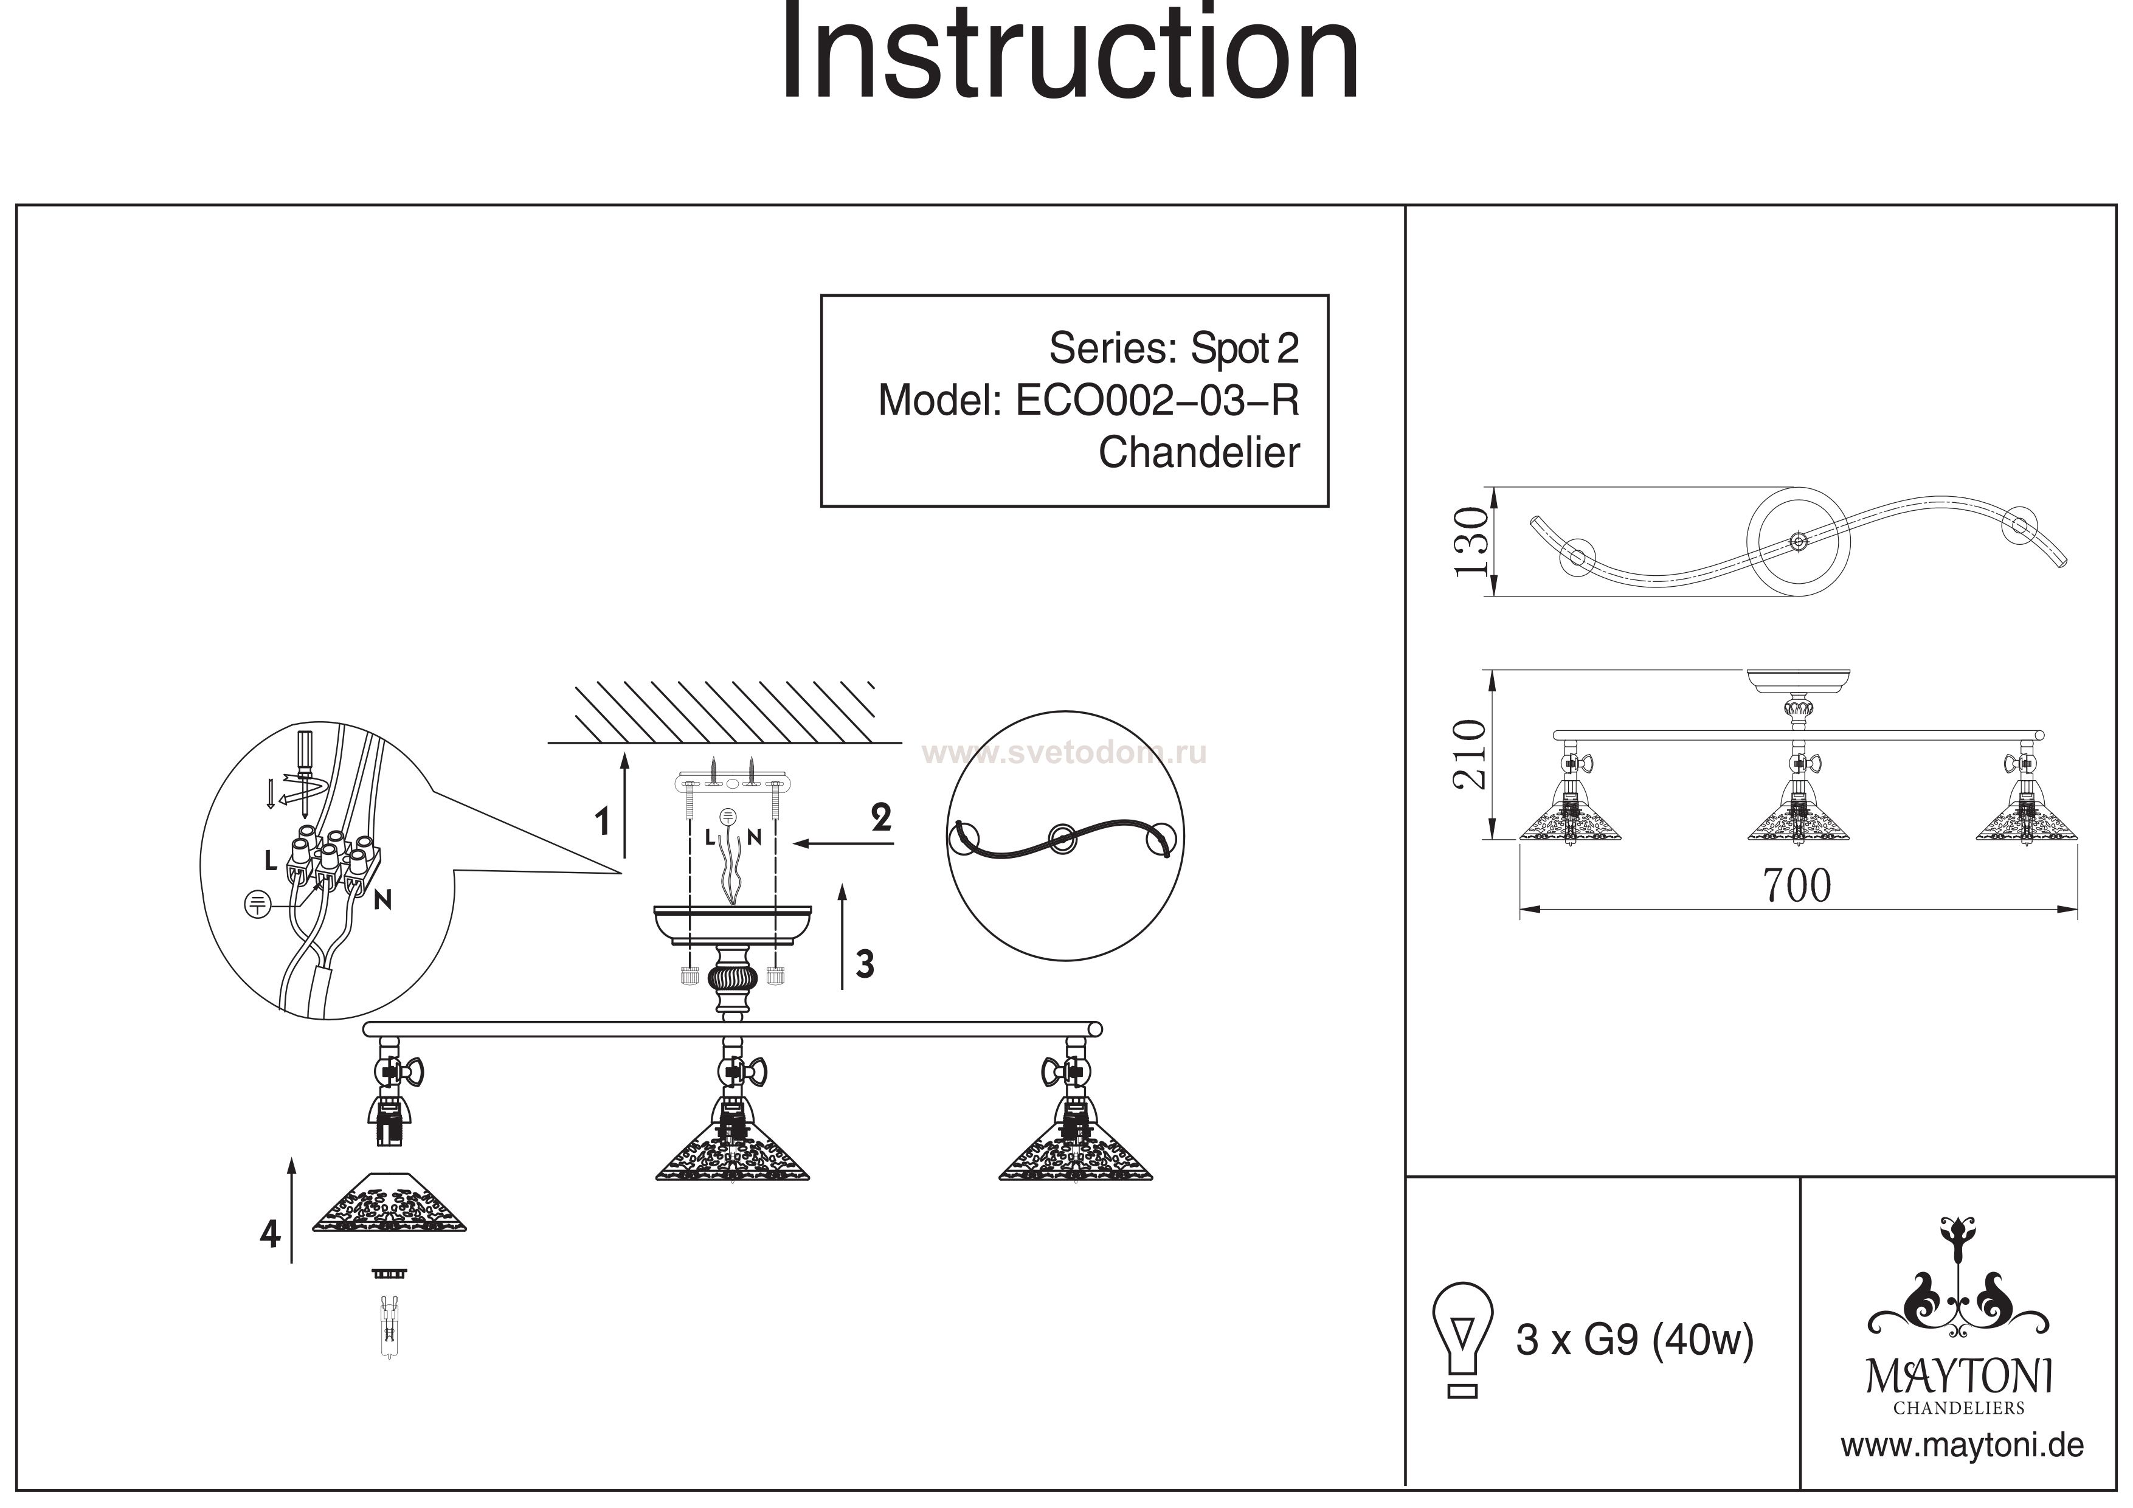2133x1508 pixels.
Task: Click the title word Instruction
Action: [x=1070, y=54]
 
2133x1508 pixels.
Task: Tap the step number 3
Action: [x=865, y=964]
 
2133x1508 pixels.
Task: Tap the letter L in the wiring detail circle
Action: [x=271, y=861]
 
